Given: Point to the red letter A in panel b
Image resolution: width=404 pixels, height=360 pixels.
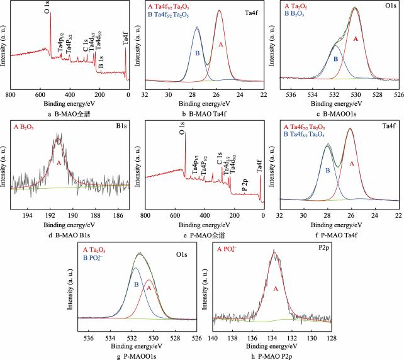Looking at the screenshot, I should [221, 45].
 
